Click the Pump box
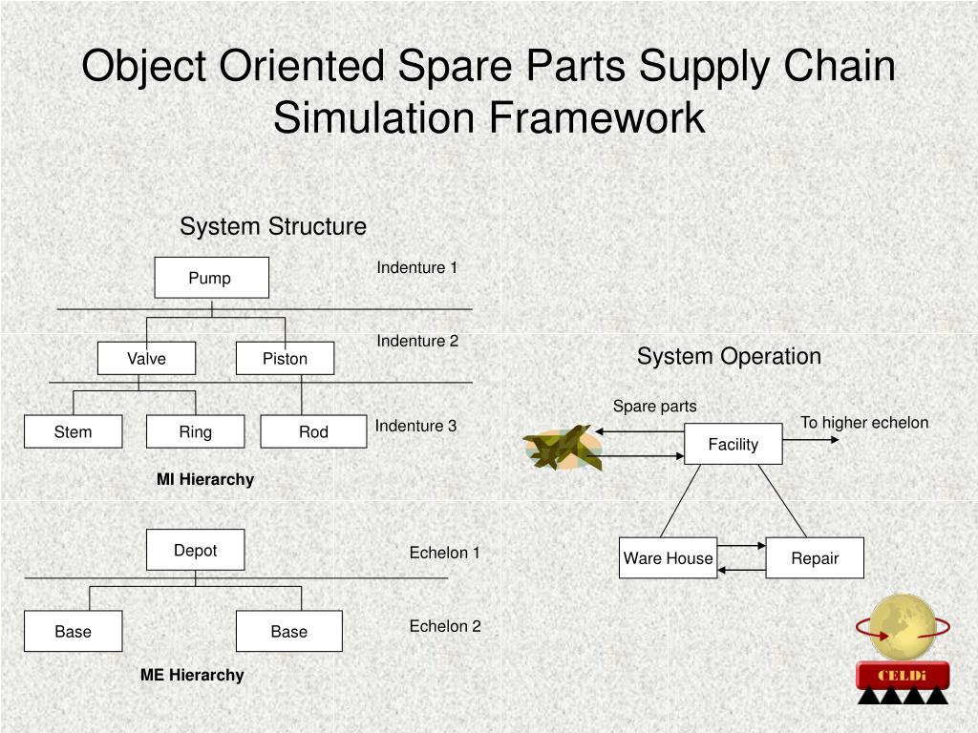(x=211, y=278)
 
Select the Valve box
(x=146, y=359)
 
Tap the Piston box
(x=285, y=359)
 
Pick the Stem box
(x=73, y=431)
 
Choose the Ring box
(x=195, y=431)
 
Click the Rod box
(x=313, y=431)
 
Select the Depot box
(x=195, y=550)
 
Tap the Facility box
(x=733, y=444)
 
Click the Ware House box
(x=668, y=558)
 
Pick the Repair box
(x=815, y=558)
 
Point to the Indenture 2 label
(x=417, y=341)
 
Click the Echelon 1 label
(x=444, y=553)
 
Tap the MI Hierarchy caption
(x=205, y=479)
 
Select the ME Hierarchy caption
(x=192, y=675)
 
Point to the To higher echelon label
(x=863, y=423)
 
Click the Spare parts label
(x=654, y=407)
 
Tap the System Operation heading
(x=729, y=356)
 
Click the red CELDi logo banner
(x=902, y=676)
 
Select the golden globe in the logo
(x=902, y=627)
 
